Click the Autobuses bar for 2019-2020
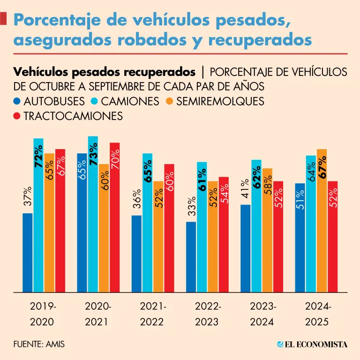tap(28, 253)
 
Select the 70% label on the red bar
tap(114, 160)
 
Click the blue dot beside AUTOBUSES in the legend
tap(17, 101)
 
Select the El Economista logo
tap(312, 344)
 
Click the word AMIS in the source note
tap(55, 344)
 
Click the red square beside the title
tap(4, 19)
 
